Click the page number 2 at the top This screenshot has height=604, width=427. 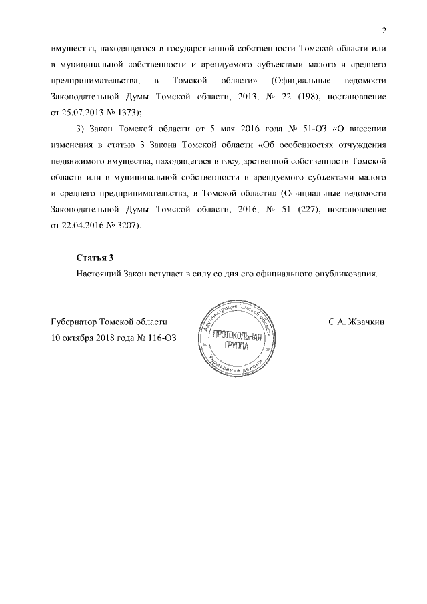point(384,30)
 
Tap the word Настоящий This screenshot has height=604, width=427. point(99,273)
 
